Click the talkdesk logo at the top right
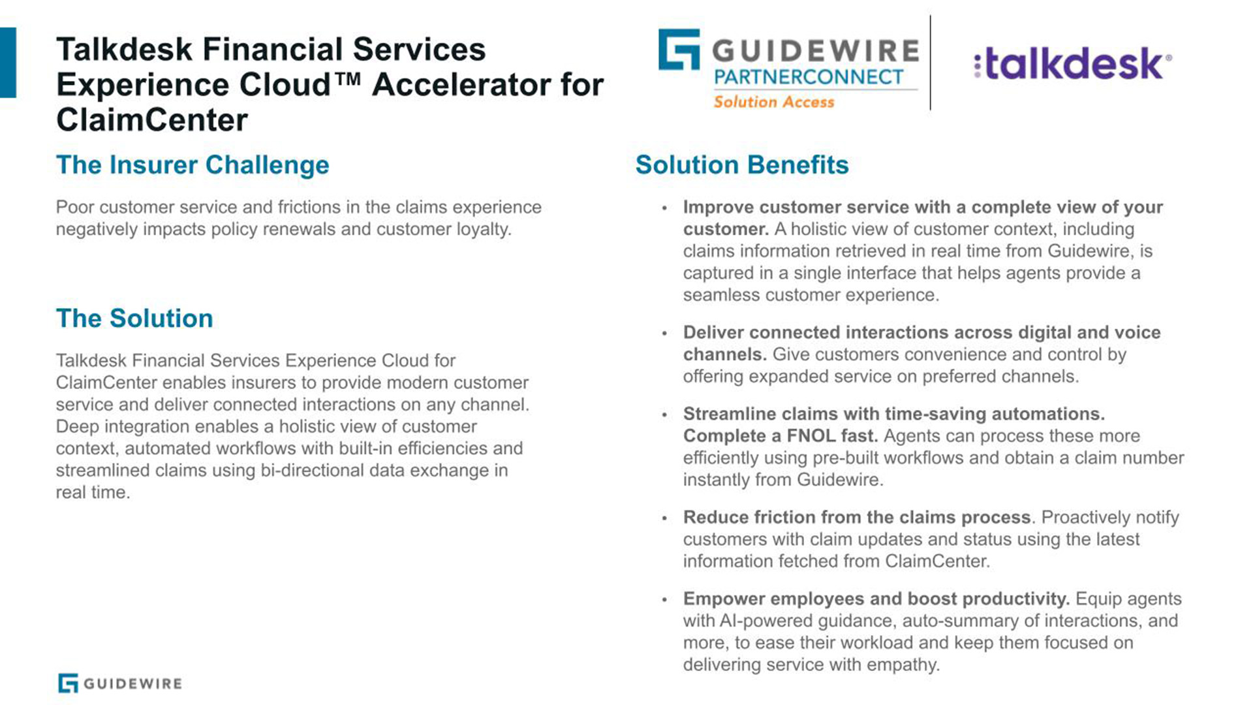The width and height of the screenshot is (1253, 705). click(1072, 63)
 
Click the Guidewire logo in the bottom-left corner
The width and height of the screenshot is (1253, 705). click(120, 683)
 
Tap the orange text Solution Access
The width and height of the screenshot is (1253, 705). click(774, 102)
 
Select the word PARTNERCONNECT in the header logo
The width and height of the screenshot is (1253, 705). click(809, 77)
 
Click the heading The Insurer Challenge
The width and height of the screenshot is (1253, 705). click(193, 164)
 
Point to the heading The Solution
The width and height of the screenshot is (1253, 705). click(134, 318)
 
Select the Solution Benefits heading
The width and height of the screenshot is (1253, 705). click(742, 164)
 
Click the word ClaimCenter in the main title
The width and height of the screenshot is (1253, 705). click(152, 120)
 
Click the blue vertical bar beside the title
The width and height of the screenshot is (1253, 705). click(8, 63)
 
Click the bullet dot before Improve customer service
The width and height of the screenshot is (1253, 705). click(664, 208)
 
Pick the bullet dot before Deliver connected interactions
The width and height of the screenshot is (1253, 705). click(664, 334)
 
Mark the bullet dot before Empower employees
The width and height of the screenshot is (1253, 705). click(664, 599)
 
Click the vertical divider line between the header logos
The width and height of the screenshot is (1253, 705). click(930, 63)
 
